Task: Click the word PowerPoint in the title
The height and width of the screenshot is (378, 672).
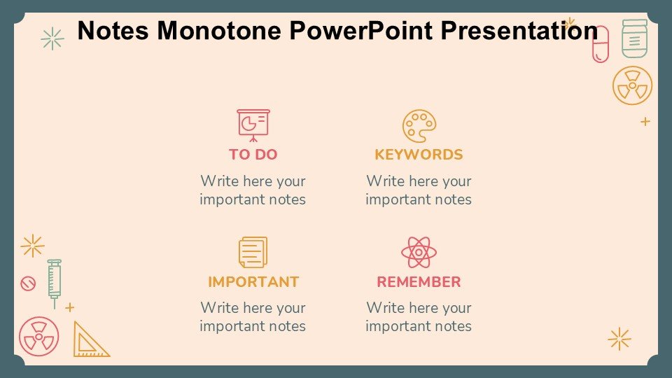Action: coord(361,30)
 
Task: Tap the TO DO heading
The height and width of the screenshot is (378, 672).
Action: coord(253,154)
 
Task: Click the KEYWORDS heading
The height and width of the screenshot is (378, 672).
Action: coord(419,154)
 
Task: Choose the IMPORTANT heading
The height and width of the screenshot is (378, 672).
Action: coord(253,281)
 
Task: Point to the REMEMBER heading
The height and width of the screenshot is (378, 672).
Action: coord(419,281)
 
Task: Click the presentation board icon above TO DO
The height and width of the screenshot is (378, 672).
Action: coord(253,125)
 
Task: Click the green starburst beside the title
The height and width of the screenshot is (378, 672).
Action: coord(52,38)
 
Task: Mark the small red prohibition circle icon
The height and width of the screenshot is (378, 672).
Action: coord(28,283)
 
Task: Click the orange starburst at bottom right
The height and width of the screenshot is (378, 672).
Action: coord(619,339)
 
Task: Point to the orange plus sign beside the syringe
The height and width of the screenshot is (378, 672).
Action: coord(70,307)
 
